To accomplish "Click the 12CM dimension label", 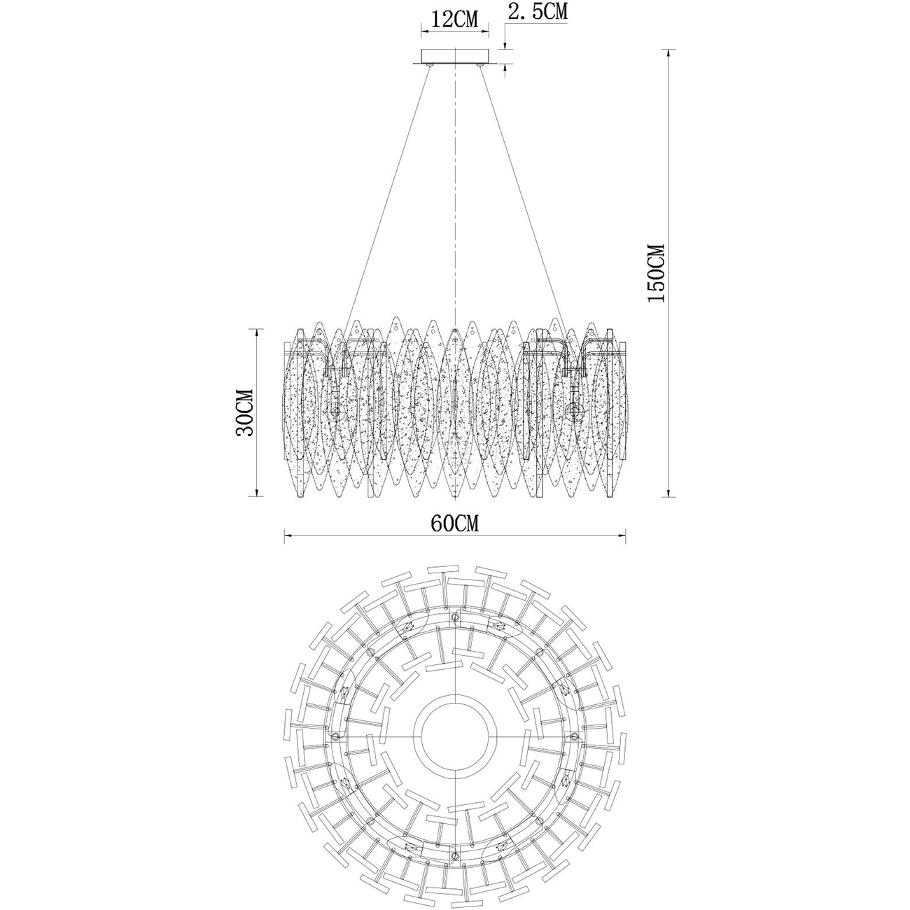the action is [454, 20].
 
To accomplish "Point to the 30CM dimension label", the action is [244, 412].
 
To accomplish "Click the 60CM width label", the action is [455, 523].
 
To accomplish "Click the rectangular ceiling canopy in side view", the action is [454, 56].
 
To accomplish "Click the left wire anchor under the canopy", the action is [429, 65].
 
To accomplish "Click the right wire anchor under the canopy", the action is [480, 65].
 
